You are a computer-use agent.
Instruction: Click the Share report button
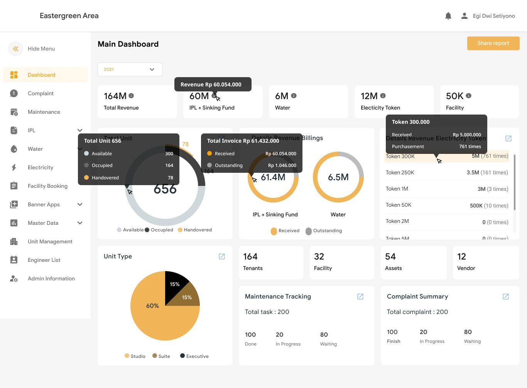click(493, 43)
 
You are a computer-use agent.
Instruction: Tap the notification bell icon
click(448, 16)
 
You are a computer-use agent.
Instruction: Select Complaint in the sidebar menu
click(41, 93)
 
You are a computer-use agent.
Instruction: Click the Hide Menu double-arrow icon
click(15, 49)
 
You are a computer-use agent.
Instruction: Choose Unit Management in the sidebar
click(50, 241)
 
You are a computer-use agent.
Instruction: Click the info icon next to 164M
click(131, 96)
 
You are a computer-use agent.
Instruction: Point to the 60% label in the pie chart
click(152, 306)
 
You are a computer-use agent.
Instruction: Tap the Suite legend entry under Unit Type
click(161, 356)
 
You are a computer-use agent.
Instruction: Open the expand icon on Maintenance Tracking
click(360, 297)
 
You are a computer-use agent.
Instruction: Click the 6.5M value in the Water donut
click(338, 177)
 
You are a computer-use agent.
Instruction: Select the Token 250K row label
click(400, 172)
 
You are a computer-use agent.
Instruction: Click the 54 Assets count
click(390, 257)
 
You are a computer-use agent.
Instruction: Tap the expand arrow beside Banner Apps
click(80, 204)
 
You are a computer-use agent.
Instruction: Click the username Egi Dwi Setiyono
click(493, 16)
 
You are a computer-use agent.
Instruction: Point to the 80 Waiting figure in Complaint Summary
click(468, 332)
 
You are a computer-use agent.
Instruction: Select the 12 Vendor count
click(461, 257)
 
